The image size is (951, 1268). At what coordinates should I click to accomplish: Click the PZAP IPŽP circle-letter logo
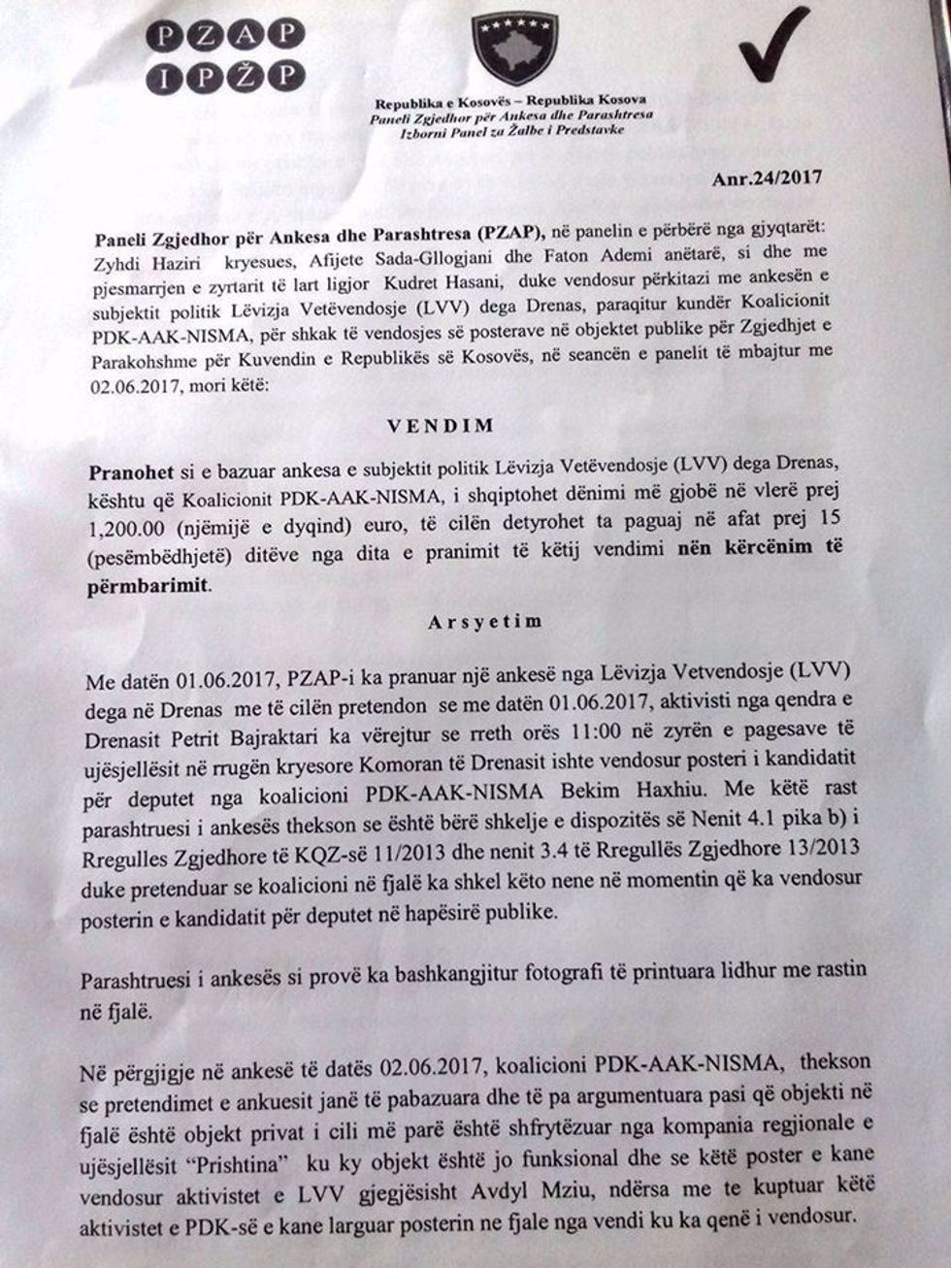point(221,55)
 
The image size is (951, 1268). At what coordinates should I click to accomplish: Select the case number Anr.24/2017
point(767,178)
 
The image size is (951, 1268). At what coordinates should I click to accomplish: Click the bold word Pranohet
point(131,473)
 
